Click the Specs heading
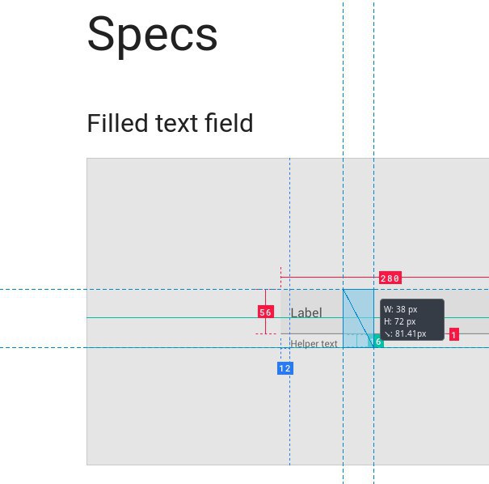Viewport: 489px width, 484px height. point(152,36)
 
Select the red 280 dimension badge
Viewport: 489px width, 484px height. point(390,278)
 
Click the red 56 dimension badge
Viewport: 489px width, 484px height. point(266,312)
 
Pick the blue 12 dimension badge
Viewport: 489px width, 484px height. point(285,368)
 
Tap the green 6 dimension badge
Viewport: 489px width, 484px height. point(378,342)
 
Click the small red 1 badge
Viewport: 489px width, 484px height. point(453,335)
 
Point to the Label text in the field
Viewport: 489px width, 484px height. point(306,312)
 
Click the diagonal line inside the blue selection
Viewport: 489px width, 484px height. point(358,318)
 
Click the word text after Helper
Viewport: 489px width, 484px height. point(327,344)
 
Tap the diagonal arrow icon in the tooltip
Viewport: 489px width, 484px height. point(387,334)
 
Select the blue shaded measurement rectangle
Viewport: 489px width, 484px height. point(358,318)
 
